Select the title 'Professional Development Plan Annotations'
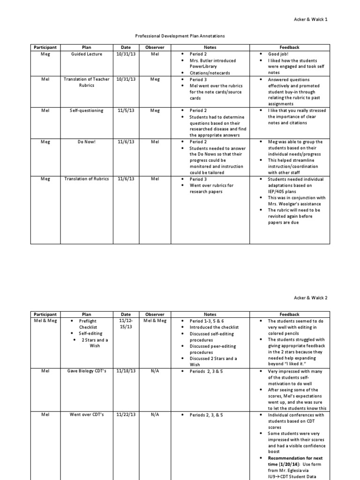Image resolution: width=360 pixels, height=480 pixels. [x=180, y=36]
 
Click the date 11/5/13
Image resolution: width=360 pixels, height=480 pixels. [x=126, y=111]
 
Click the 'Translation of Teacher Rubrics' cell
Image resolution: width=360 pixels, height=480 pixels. [x=87, y=82]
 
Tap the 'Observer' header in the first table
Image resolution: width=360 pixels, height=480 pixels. [x=155, y=47]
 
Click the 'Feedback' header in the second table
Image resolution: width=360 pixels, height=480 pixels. [x=289, y=315]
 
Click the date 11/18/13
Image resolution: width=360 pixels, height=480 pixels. [x=126, y=371]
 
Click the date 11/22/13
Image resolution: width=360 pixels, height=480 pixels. [x=126, y=415]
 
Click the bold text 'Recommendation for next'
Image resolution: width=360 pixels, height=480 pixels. [x=295, y=458]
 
